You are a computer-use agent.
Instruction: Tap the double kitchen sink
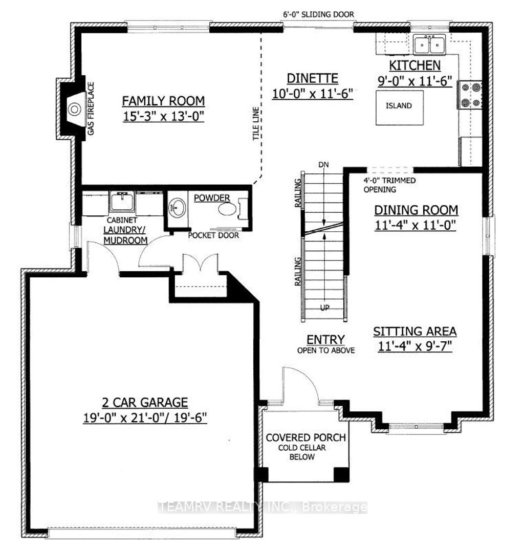point(430,45)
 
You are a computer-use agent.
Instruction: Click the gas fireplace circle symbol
point(75,108)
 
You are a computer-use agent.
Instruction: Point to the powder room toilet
point(227,209)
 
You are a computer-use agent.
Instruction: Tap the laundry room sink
point(122,201)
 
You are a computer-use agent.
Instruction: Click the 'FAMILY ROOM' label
point(163,100)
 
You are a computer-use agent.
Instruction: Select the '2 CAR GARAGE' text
point(144,402)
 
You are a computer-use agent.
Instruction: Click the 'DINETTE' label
point(312,78)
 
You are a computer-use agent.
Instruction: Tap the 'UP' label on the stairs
point(324,308)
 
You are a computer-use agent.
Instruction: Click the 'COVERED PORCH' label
point(306,439)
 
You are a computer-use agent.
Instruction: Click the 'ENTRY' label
point(325,340)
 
